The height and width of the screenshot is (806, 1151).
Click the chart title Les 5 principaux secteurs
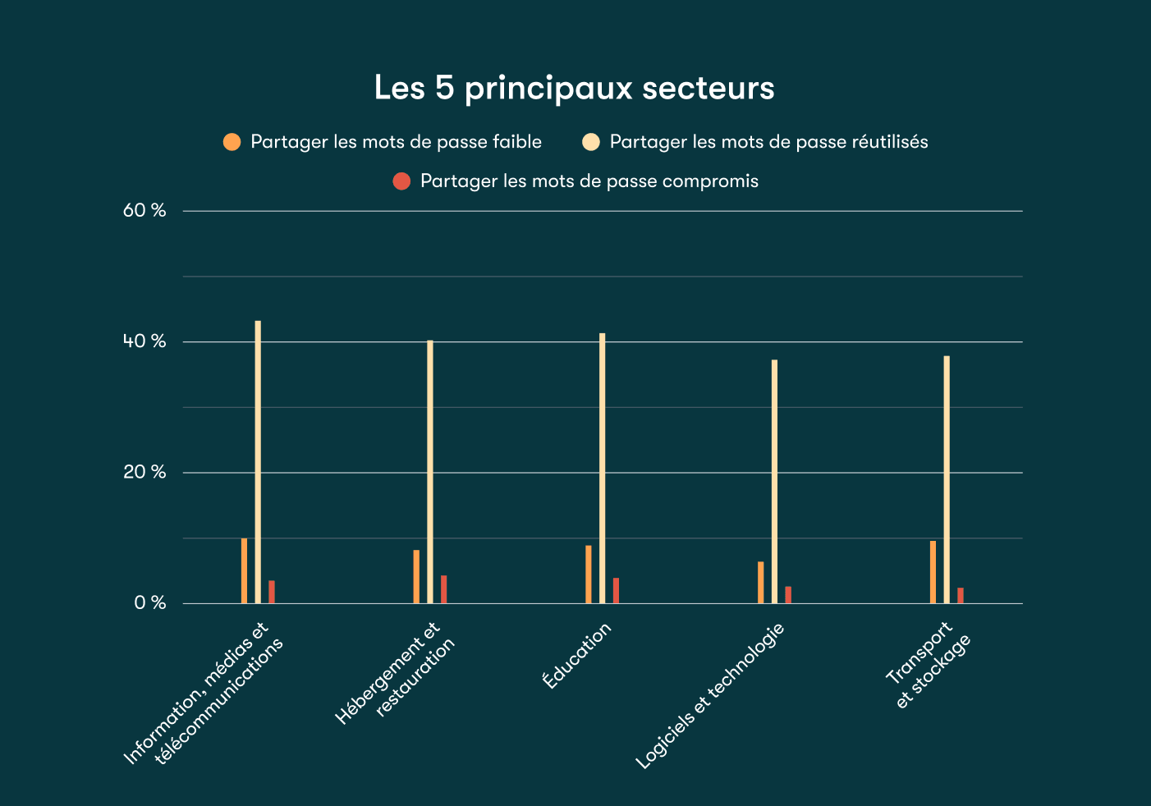574,88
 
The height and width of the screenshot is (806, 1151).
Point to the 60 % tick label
144,211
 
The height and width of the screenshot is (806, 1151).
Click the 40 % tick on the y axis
144,341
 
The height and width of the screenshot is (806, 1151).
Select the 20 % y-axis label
144,472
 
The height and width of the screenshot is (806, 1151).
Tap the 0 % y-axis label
149,603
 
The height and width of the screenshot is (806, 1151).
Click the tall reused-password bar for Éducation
602,468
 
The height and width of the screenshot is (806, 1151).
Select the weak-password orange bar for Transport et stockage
933,572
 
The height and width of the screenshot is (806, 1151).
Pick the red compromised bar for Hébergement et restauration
443,589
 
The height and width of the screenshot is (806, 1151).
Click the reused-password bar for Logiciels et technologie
774,481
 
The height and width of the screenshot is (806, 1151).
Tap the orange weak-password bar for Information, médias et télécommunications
244,570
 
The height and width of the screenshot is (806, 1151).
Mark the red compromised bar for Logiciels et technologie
788,595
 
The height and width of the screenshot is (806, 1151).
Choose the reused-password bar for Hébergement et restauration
429,472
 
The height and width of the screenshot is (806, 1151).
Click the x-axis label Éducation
577,655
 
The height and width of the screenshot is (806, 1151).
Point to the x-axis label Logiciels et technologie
711,696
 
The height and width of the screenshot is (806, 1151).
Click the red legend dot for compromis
401,181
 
